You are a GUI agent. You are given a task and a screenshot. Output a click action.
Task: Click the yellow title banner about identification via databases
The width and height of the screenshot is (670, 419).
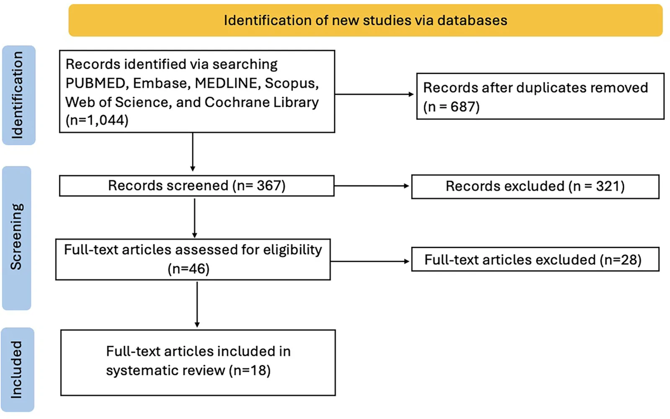(366, 21)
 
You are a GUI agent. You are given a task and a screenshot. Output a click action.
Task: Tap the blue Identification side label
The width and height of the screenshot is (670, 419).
(18, 95)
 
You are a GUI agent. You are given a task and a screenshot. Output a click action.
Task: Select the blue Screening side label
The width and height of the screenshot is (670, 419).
(17, 238)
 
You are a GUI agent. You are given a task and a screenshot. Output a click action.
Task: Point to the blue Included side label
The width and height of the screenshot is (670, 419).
(17, 370)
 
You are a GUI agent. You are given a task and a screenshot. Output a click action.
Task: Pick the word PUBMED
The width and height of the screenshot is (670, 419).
(95, 83)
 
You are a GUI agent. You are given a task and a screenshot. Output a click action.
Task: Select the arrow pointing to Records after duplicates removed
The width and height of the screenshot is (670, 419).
(374, 94)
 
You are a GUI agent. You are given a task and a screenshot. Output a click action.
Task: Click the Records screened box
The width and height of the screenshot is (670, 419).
(197, 186)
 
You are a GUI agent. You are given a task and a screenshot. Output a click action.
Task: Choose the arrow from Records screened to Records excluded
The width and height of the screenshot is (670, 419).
(371, 186)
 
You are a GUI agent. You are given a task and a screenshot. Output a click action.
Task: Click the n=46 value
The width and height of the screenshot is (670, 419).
(189, 269)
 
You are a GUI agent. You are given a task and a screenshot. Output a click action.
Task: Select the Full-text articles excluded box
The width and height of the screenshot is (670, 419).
(536, 259)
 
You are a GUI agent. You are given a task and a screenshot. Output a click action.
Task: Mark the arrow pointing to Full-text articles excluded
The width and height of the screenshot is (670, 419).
(370, 261)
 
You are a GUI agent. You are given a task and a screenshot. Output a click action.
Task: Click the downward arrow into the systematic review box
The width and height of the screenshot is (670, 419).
(197, 304)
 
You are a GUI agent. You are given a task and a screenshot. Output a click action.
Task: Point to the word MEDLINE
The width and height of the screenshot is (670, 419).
(226, 83)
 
